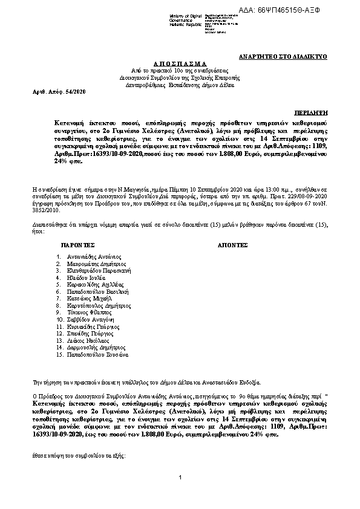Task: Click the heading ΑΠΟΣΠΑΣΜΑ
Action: click(180, 63)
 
